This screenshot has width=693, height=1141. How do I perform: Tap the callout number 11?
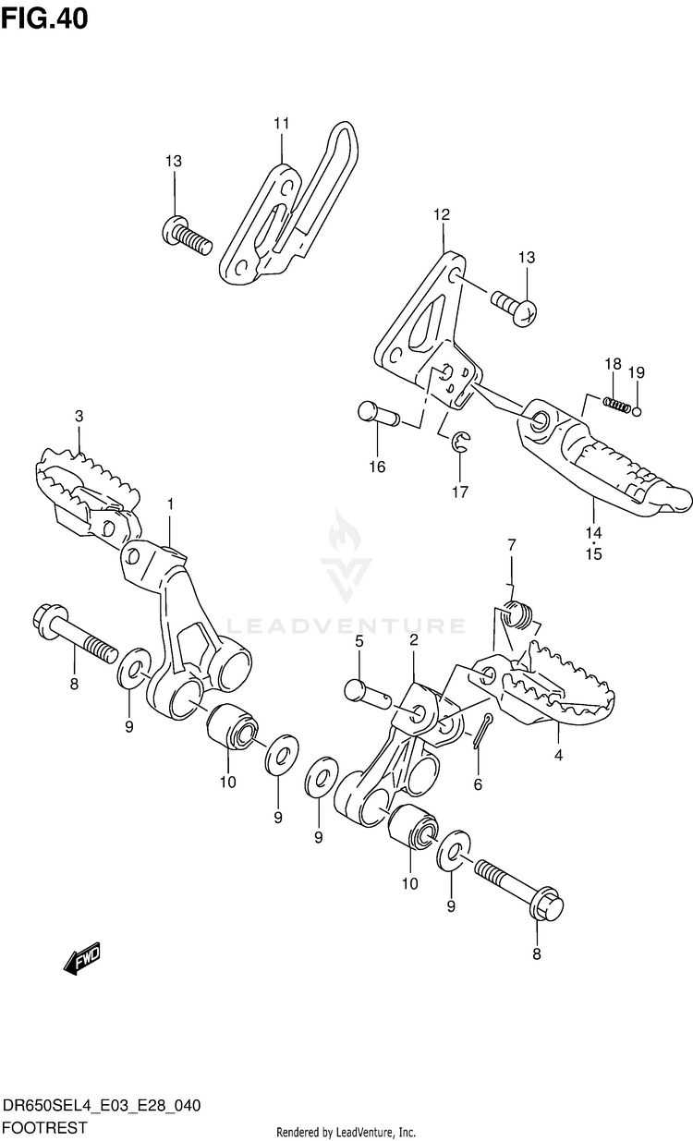pyautogui.click(x=281, y=124)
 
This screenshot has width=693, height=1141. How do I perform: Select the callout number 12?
pyautogui.click(x=441, y=214)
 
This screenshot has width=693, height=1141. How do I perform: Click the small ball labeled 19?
pyautogui.click(x=638, y=411)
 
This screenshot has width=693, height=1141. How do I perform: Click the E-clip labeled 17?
pyautogui.click(x=463, y=444)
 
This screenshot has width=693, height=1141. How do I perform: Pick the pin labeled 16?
pyautogui.click(x=377, y=414)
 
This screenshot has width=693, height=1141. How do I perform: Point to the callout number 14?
pyautogui.click(x=592, y=533)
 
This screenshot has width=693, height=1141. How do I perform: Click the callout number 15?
pyautogui.click(x=592, y=554)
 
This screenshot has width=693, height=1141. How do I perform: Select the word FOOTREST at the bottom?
pyautogui.click(x=45, y=1127)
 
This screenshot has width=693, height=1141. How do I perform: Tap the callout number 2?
pyautogui.click(x=413, y=639)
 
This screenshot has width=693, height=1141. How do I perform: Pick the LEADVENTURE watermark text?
pyautogui.click(x=346, y=625)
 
